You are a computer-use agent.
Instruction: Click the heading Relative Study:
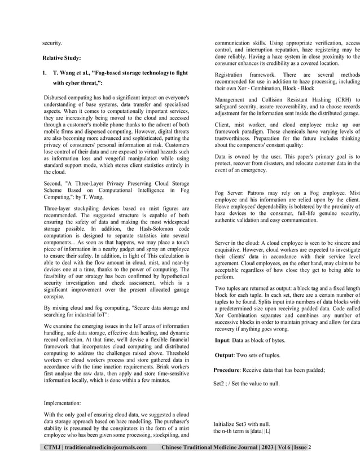click(62, 58)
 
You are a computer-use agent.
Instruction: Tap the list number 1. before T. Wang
click(45, 73)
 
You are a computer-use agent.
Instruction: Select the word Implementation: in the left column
click(62, 403)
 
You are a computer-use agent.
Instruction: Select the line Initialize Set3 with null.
click(242, 424)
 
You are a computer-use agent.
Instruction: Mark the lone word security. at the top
click(53, 42)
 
